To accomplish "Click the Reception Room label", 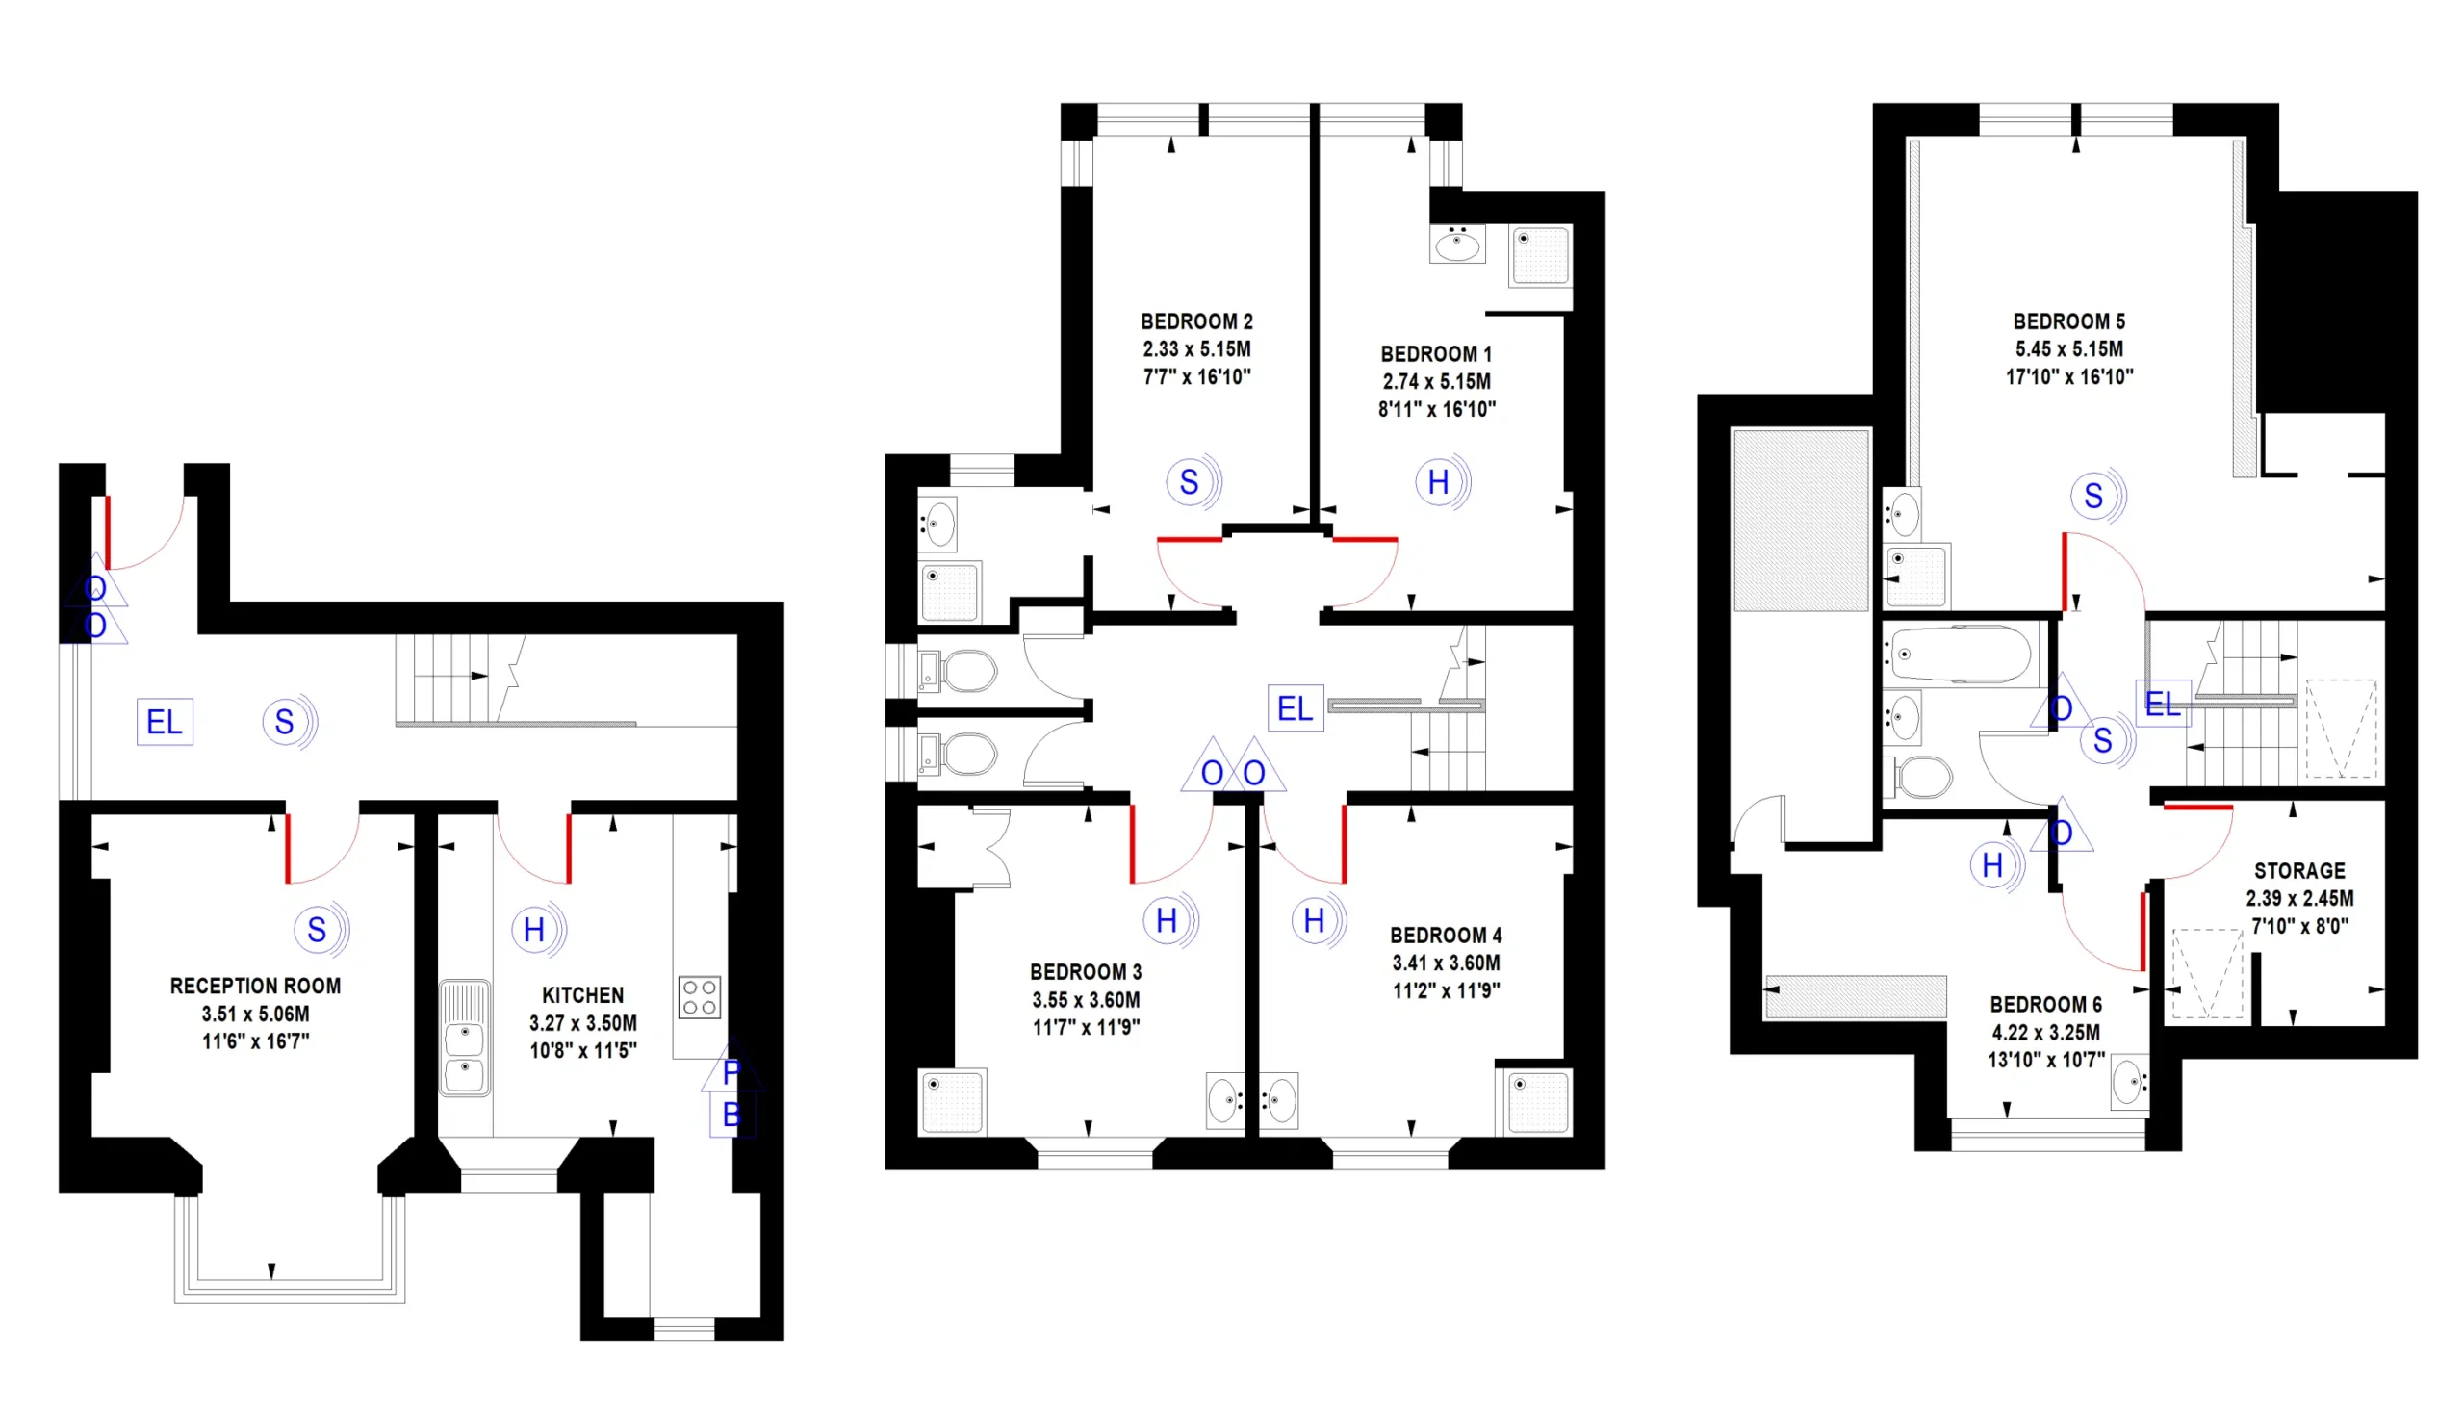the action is (256, 987).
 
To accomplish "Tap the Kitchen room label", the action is (582, 995).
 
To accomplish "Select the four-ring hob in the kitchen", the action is (699, 997).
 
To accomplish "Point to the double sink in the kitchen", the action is (465, 1039).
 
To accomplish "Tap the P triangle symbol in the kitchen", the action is (732, 1068).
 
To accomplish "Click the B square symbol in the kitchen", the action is (731, 1116).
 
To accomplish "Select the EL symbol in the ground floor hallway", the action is (165, 722).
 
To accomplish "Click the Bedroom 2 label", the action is (1196, 321).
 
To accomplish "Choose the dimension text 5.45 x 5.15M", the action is (2069, 349).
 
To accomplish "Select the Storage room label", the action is (2299, 871).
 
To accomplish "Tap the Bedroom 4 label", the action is (1446, 936).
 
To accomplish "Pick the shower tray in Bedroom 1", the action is (1540, 255).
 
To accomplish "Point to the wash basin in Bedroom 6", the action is (2129, 1081).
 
